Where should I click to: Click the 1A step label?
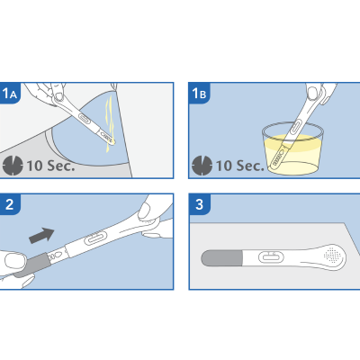(10, 94)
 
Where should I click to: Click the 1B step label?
(199, 94)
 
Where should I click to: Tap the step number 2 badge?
(10, 204)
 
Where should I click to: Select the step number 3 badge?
(199, 204)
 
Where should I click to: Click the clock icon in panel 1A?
(13, 166)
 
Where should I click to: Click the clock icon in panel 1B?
(202, 166)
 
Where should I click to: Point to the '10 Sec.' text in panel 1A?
(50, 166)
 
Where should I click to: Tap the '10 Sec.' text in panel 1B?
(240, 166)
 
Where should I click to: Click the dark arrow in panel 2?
(41, 235)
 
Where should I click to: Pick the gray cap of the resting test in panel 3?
(221, 258)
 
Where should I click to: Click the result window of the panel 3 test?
(271, 257)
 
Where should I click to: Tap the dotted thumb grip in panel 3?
(332, 255)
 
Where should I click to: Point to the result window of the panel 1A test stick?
(85, 119)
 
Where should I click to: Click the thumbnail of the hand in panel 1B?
(312, 93)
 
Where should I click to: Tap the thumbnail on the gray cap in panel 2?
(15, 260)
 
